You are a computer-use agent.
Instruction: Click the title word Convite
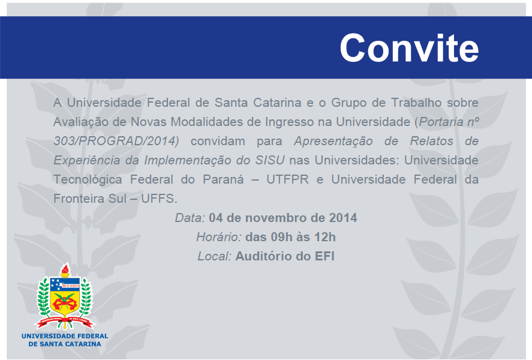(x=409, y=48)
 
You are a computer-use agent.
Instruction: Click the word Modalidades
(x=207, y=122)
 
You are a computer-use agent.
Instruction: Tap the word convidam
(x=218, y=141)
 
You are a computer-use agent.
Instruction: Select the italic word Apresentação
(x=333, y=142)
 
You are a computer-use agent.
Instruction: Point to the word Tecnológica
(x=88, y=180)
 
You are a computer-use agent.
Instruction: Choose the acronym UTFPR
(x=287, y=179)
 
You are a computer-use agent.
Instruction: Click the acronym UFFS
(x=159, y=199)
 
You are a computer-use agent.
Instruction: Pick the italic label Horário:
(x=219, y=237)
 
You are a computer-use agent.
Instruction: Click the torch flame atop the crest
(x=65, y=269)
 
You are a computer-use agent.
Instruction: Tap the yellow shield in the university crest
(x=65, y=299)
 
